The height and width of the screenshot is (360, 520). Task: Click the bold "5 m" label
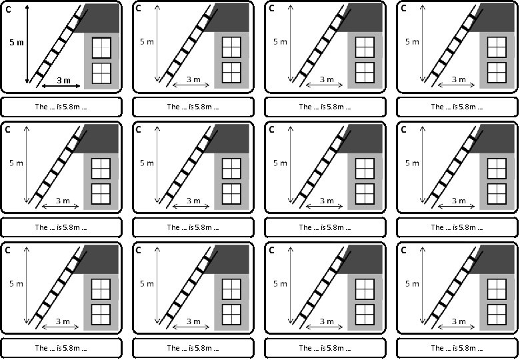(x=17, y=42)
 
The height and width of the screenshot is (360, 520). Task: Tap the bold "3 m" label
(x=63, y=80)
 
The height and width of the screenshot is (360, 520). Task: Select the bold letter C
(x=8, y=9)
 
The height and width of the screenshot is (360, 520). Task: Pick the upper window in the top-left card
(x=101, y=47)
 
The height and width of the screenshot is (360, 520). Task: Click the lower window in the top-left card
(x=101, y=73)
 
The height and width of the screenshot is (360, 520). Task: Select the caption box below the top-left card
(x=61, y=107)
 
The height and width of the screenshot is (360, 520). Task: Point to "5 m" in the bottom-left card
(x=17, y=284)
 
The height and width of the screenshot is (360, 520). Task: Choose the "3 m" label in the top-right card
(x=459, y=79)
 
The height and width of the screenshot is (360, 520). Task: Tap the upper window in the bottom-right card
(x=496, y=289)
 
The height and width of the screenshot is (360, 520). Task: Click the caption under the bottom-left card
(x=61, y=348)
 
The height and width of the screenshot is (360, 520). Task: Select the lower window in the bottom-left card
(x=101, y=313)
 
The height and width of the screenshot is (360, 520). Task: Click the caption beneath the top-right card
(x=457, y=107)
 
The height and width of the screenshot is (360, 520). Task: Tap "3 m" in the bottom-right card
(x=459, y=321)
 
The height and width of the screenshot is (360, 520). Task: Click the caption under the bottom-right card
(x=457, y=348)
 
